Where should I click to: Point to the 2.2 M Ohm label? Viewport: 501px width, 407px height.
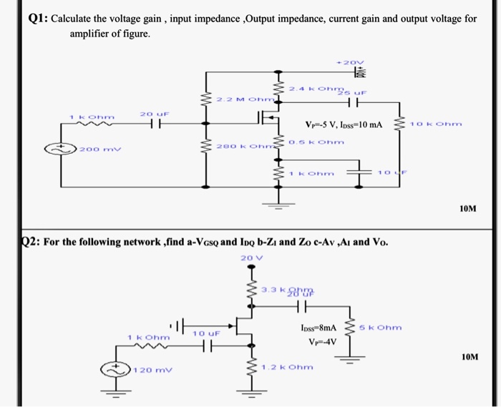pyautogui.click(x=245, y=99)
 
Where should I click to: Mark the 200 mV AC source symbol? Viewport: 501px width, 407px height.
pyautogui.click(x=61, y=149)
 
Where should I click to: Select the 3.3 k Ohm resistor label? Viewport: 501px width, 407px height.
pyautogui.click(x=280, y=289)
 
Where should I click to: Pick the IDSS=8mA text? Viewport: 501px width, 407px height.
pyautogui.click(x=318, y=328)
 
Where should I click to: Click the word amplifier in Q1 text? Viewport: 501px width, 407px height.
pyautogui.click(x=90, y=34)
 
